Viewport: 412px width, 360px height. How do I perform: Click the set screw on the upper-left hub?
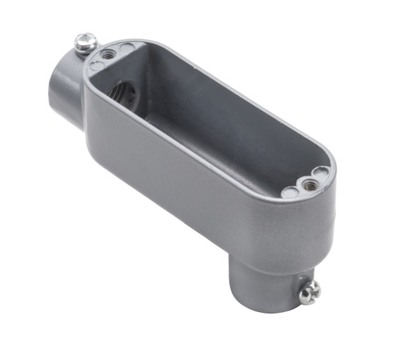[86, 43]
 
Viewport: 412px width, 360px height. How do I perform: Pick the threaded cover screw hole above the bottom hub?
[307, 184]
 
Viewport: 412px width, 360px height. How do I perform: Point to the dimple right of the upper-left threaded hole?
[126, 48]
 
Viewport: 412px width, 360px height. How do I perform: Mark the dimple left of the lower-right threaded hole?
[288, 192]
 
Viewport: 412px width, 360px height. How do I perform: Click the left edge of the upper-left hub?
[50, 91]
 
